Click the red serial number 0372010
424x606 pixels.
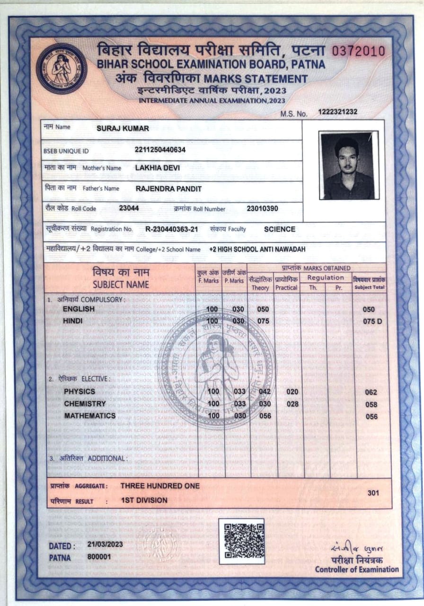358,52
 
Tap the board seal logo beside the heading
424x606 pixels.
62,69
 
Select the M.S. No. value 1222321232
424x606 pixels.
338,112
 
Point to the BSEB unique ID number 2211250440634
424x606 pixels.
160,150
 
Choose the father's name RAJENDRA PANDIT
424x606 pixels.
168,188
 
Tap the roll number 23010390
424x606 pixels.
262,208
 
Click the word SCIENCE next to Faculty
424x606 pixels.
280,229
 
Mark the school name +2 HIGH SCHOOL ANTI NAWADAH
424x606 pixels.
257,249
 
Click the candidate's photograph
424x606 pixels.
348,165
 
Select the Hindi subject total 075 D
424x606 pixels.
372,321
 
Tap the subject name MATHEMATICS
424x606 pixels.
90,416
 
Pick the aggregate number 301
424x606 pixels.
373,493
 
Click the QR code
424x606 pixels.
241,541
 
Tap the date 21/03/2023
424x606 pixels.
105,544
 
